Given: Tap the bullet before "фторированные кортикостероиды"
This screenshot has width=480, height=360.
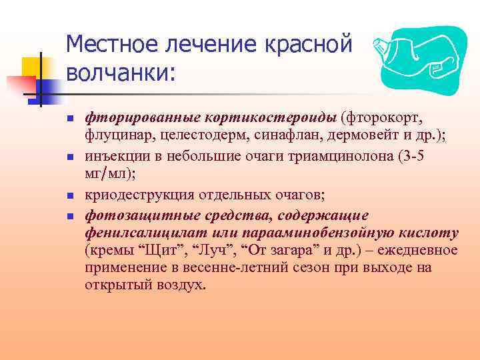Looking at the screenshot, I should pyautogui.click(x=69, y=119).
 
